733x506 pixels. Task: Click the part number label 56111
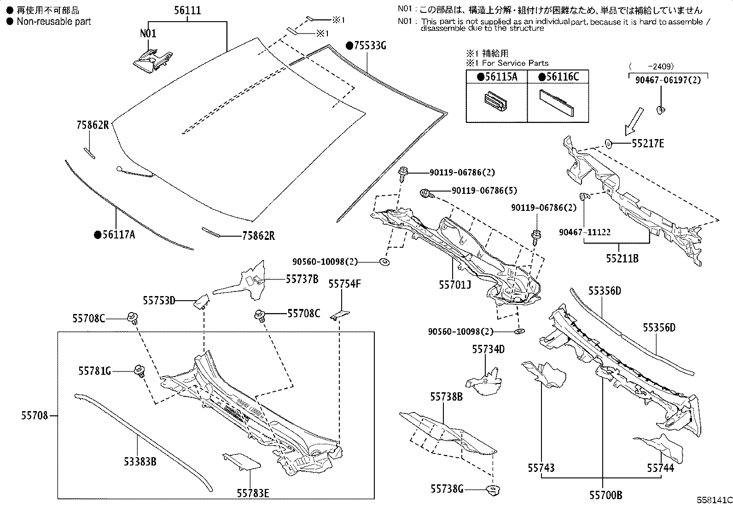pyautogui.click(x=187, y=11)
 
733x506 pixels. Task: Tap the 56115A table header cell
pyautogui.click(x=497, y=77)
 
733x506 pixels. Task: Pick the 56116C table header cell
pyautogui.click(x=558, y=77)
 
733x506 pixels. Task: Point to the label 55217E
pyautogui.click(x=648, y=144)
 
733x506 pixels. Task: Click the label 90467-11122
pyautogui.click(x=585, y=233)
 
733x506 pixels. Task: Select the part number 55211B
pyautogui.click(x=622, y=258)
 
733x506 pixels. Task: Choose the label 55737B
pyautogui.click(x=302, y=279)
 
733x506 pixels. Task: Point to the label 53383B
pyautogui.click(x=140, y=461)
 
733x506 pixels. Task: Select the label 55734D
pyautogui.click(x=488, y=349)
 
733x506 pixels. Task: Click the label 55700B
pyautogui.click(x=605, y=495)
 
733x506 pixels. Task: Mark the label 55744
pyautogui.click(x=661, y=468)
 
